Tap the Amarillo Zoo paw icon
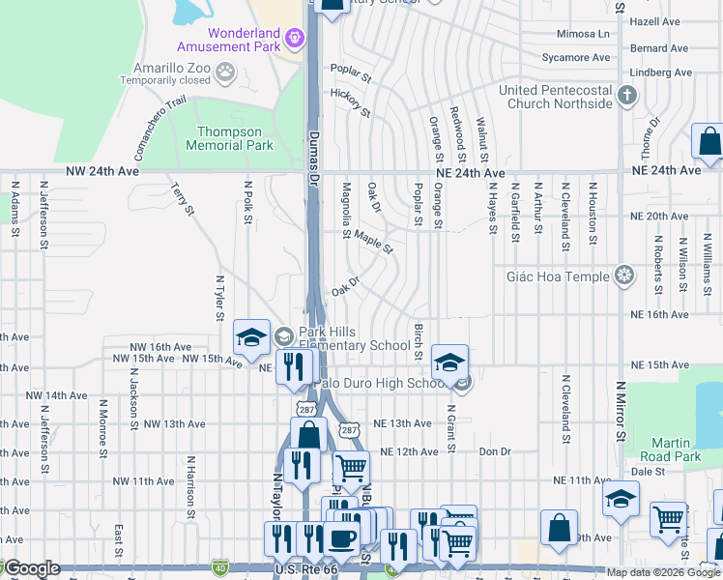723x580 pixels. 225,71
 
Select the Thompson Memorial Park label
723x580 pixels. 229,138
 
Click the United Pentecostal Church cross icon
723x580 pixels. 627,95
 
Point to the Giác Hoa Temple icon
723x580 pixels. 625,276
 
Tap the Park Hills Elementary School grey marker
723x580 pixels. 283,336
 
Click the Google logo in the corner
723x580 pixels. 31,568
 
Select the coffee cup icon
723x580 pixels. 340,540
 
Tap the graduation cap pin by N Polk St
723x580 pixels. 251,337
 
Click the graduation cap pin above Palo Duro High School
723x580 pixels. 449,362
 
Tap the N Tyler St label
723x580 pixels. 220,296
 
